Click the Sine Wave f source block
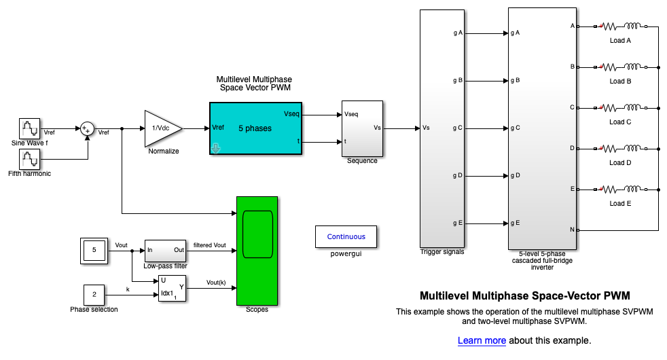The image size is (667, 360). [29, 128]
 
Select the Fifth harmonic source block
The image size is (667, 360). [29, 159]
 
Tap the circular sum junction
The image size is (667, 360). [87, 128]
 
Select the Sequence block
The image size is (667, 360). [362, 128]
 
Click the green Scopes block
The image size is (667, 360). [257, 251]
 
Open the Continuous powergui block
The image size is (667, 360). [346, 236]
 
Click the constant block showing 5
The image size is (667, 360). [94, 251]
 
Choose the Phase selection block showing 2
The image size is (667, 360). [94, 295]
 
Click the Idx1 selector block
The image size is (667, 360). [172, 289]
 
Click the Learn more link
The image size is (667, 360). [482, 340]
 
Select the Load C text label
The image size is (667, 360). [620, 122]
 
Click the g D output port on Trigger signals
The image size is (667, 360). [458, 175]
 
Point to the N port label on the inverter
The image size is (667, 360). [572, 230]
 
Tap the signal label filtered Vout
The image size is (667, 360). [210, 245]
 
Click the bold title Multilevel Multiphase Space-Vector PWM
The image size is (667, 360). [525, 296]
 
